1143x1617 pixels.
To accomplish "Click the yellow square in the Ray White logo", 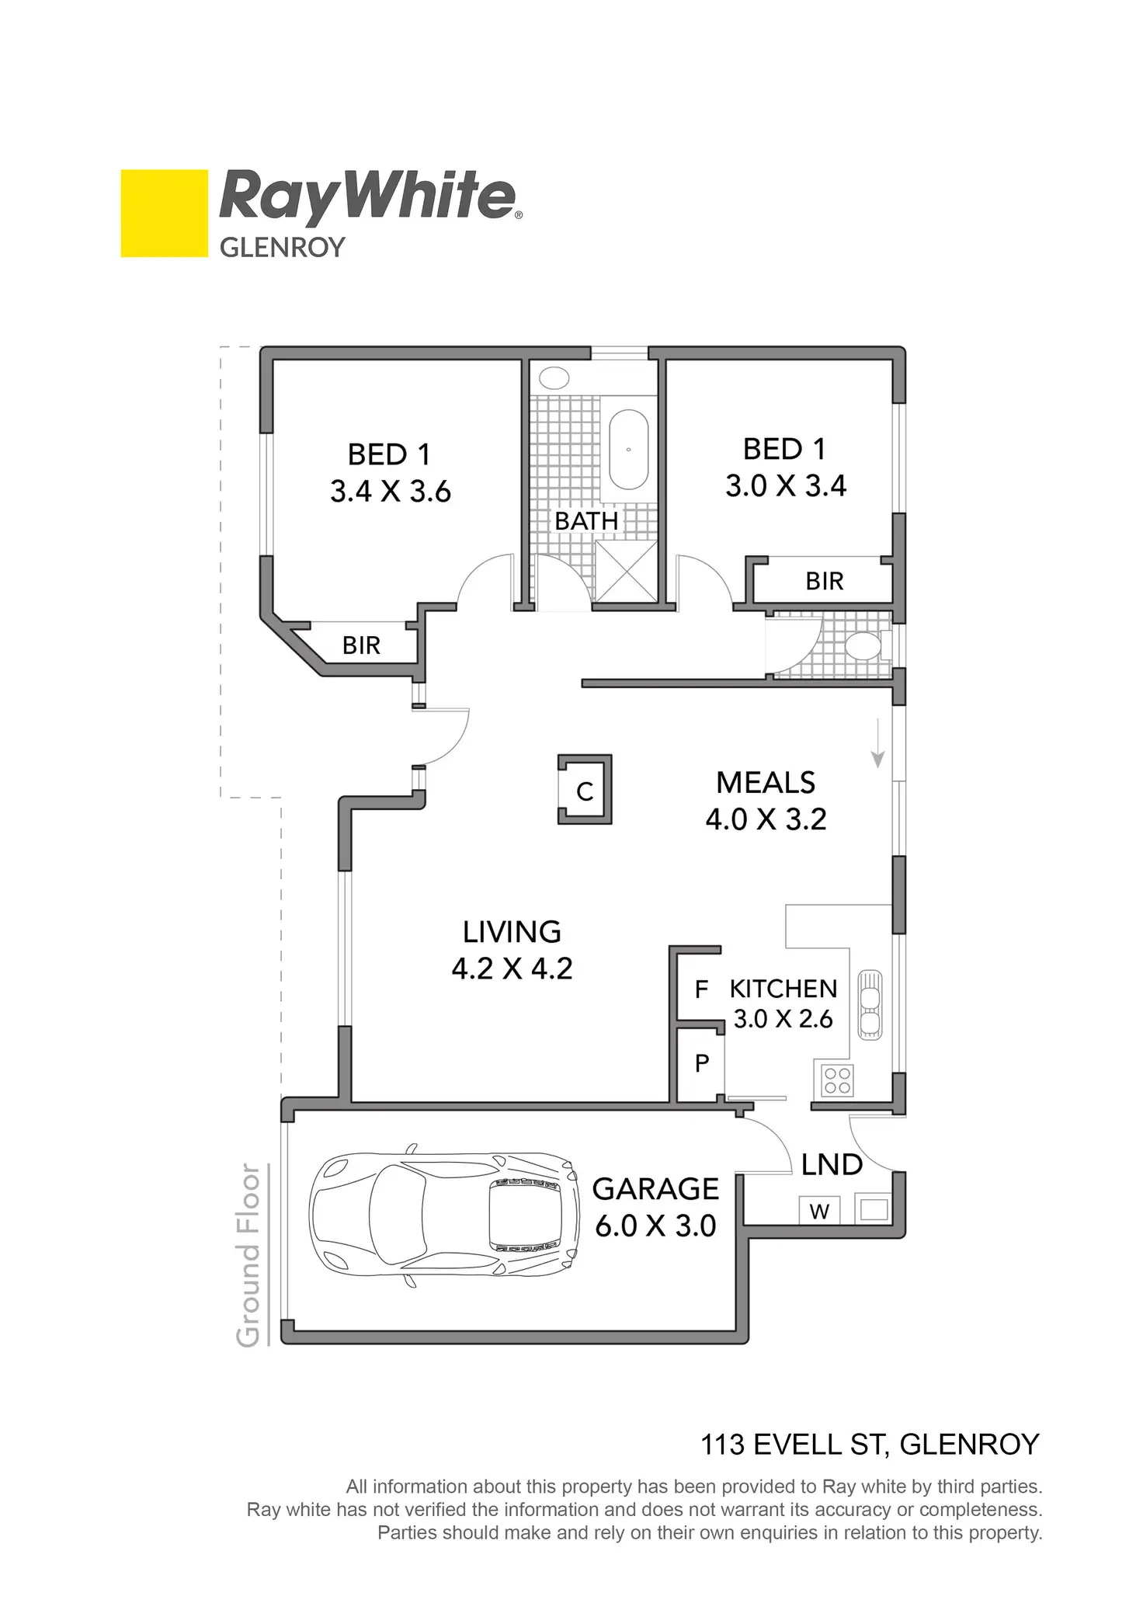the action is (x=164, y=213).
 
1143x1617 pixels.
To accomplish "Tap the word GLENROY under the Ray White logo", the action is (x=282, y=248).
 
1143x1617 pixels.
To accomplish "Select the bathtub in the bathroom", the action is (x=628, y=450).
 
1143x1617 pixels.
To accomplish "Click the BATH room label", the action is (x=586, y=521).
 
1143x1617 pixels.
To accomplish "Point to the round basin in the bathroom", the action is (x=554, y=378).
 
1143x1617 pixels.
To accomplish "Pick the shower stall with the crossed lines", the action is (x=626, y=571).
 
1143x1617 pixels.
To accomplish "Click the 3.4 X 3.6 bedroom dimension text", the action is (x=391, y=492).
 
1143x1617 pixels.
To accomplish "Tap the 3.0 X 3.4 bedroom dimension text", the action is (x=786, y=486).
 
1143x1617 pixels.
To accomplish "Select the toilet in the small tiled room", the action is (x=863, y=645).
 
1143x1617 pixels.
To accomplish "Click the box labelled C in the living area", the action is (x=585, y=791).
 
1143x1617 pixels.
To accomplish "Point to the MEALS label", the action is (x=766, y=783).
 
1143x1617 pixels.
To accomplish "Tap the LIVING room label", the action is (x=512, y=932).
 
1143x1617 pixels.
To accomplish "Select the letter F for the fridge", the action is (x=701, y=989).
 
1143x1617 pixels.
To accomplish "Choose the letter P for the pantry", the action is (x=702, y=1063).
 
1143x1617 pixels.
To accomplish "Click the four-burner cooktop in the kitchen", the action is (x=837, y=1080).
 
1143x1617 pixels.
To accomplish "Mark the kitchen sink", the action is (x=870, y=1005).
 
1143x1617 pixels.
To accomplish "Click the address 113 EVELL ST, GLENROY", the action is (x=870, y=1445).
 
